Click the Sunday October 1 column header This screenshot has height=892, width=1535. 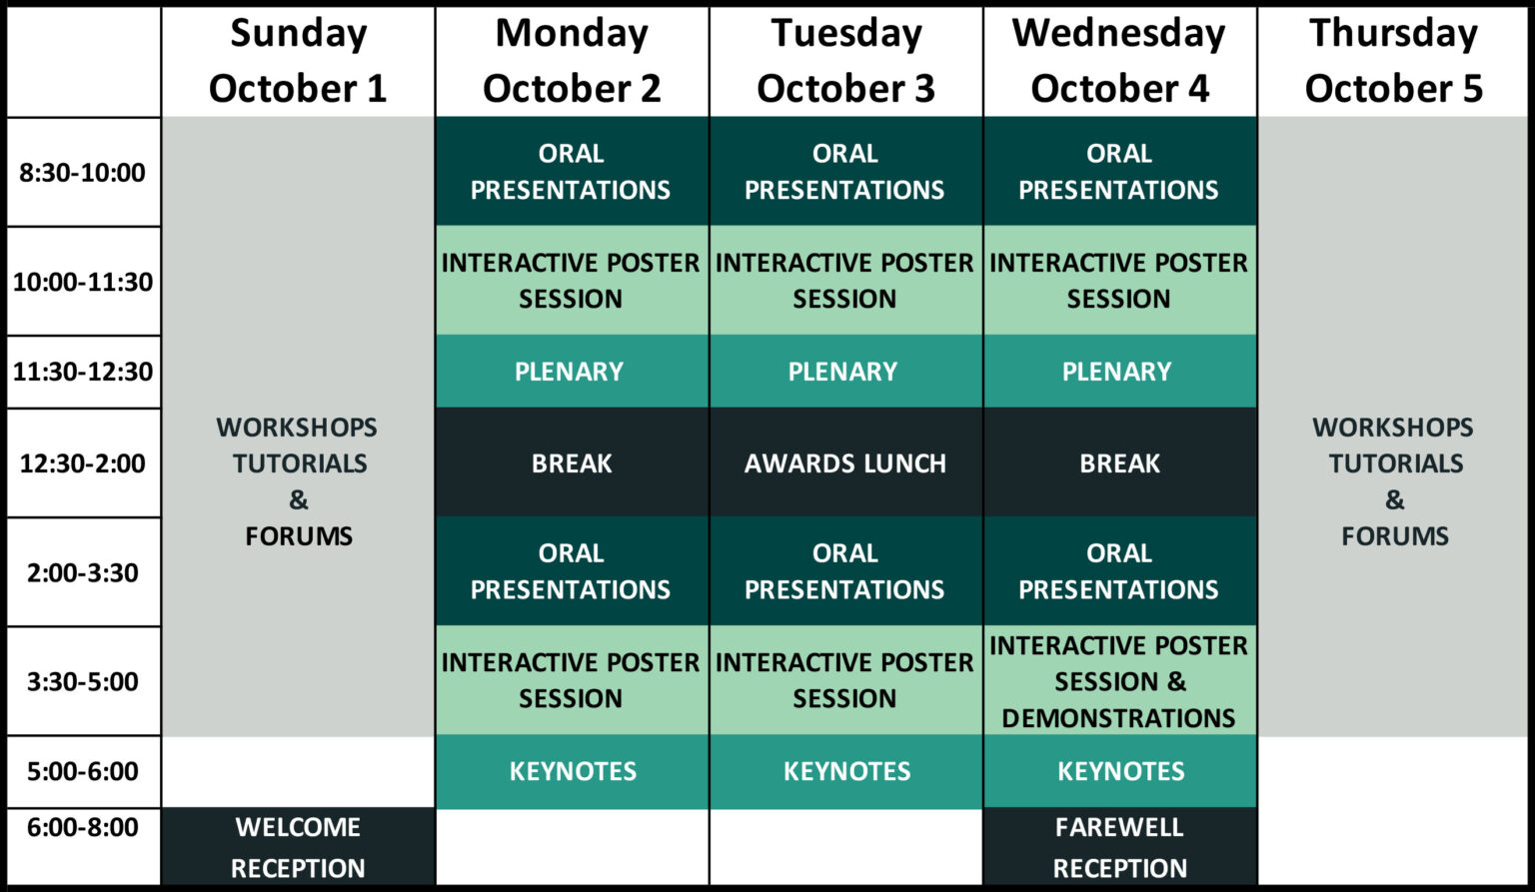[x=298, y=61]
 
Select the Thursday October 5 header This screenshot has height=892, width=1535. [x=1393, y=61]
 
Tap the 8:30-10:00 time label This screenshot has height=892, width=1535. [x=83, y=173]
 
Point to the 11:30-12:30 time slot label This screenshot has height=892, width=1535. [x=83, y=372]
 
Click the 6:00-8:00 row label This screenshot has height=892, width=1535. [x=83, y=827]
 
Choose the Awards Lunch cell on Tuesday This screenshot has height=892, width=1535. [x=845, y=463]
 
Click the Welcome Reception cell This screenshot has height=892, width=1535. [x=298, y=847]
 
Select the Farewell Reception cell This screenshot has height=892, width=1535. [x=1119, y=847]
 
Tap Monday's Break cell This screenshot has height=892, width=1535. [x=572, y=463]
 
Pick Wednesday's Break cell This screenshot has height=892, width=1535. [x=1119, y=463]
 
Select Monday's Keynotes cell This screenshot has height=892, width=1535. [x=573, y=771]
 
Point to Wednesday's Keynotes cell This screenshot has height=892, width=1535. [x=1120, y=771]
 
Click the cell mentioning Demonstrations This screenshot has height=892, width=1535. [x=1119, y=681]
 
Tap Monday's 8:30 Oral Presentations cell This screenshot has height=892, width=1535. [x=571, y=172]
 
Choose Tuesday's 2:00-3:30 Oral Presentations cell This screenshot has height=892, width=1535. [x=844, y=571]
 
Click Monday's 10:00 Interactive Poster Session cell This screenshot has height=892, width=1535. [x=571, y=281]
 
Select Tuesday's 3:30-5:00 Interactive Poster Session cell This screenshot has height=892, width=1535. [x=844, y=680]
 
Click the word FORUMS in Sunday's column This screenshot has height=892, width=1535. [x=299, y=536]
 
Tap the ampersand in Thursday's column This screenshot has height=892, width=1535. [x=1394, y=499]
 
